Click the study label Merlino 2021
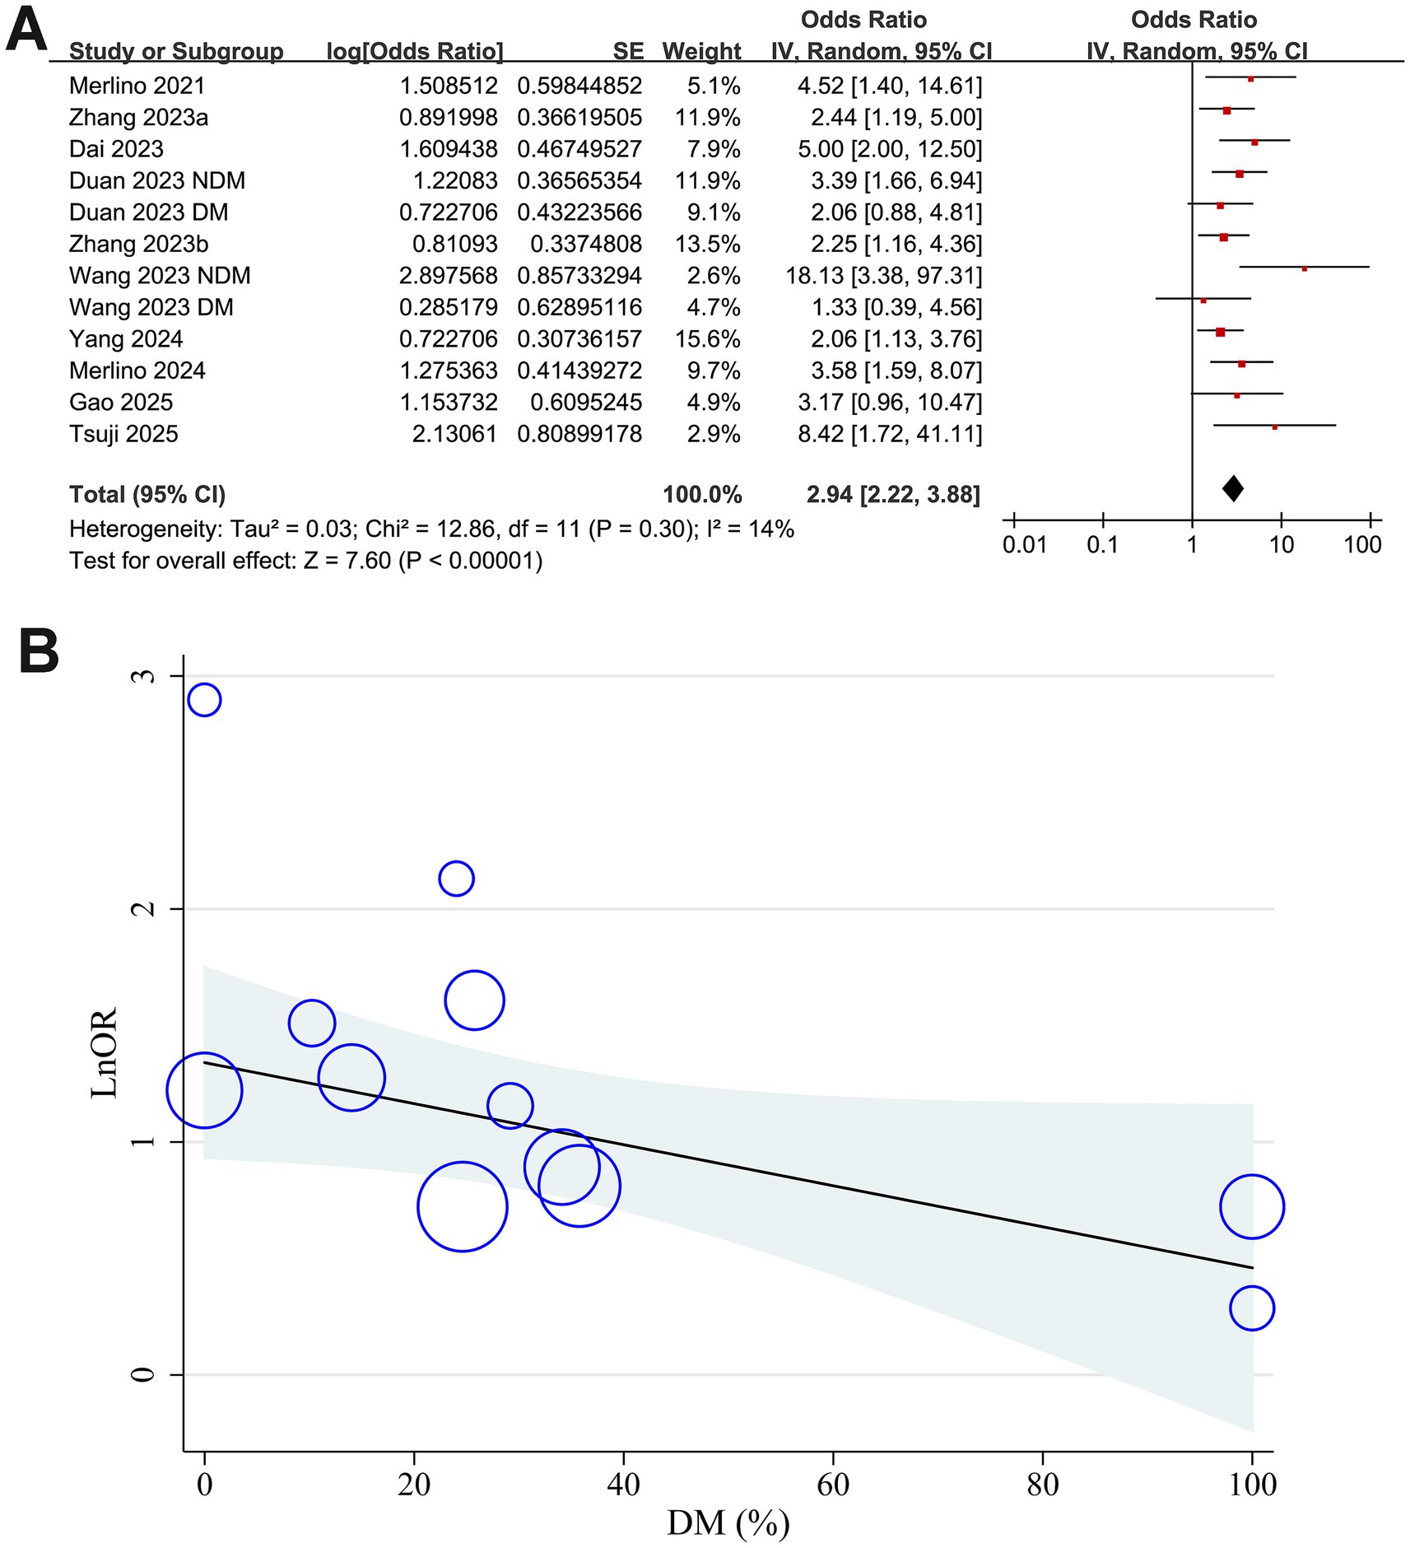click(137, 86)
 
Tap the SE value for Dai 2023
click(579, 149)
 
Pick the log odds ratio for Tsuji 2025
click(454, 434)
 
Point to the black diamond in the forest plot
click(1232, 489)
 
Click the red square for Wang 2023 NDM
click(1305, 268)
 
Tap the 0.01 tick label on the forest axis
click(1025, 544)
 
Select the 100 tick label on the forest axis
click(1363, 544)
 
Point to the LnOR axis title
click(105, 1053)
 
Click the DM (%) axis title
click(728, 1522)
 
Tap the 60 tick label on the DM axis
click(833, 1485)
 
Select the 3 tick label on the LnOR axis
click(144, 676)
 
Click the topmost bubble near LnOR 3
click(204, 700)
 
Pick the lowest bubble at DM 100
click(1252, 1308)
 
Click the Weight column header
click(701, 51)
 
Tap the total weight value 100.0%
click(702, 495)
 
